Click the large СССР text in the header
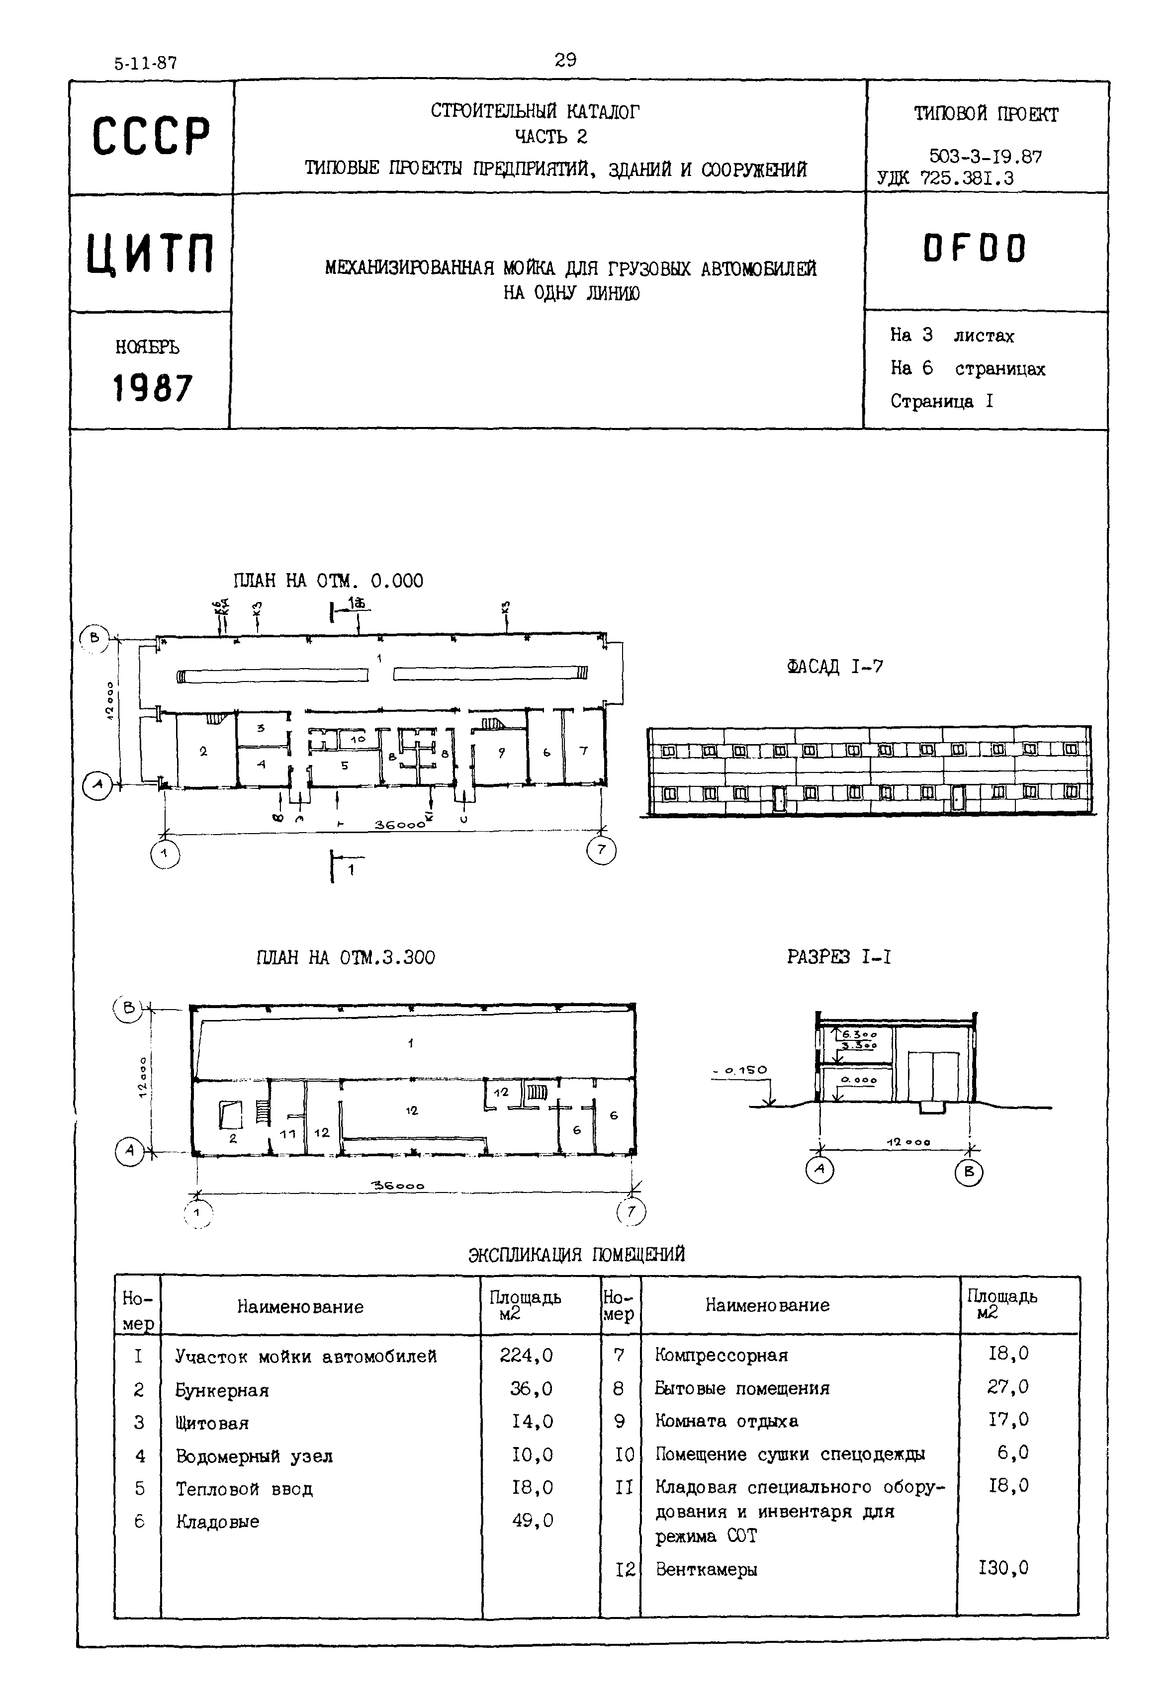(x=151, y=137)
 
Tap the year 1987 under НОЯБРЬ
(x=152, y=388)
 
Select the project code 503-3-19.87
(x=985, y=156)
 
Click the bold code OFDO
(x=974, y=249)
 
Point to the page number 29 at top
(x=565, y=60)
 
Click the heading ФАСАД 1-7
(x=834, y=667)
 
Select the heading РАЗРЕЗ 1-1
(x=838, y=957)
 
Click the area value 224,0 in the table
(x=526, y=1356)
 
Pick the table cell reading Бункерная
(x=222, y=1390)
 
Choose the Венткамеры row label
(x=706, y=1569)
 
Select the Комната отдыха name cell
(x=726, y=1421)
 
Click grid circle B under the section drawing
(x=969, y=1173)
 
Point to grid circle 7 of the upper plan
(x=601, y=851)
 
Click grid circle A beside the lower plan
(x=130, y=1152)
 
